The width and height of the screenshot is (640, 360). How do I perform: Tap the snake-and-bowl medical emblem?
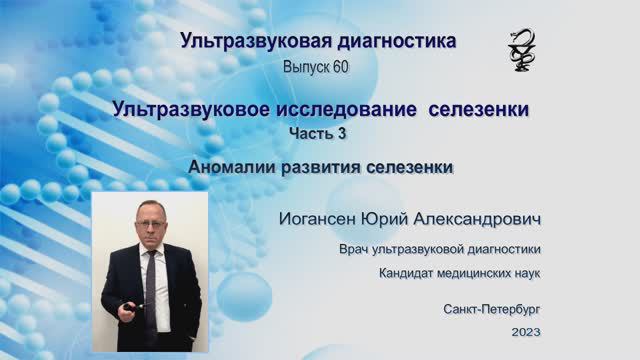coord(521,49)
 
